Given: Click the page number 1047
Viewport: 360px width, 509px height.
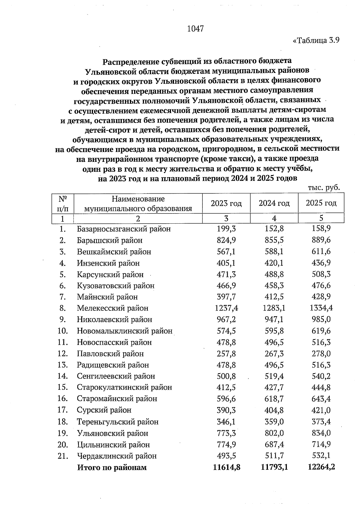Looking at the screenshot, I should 195,29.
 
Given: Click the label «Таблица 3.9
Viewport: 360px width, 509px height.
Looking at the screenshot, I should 316,41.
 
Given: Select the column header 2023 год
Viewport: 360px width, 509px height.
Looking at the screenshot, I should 226,204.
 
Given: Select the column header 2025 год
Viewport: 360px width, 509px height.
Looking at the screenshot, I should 321,203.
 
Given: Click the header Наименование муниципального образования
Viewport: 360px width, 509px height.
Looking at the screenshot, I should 138,204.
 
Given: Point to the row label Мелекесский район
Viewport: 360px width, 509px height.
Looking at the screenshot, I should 112,308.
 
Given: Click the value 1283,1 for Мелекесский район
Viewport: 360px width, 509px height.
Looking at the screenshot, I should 274,308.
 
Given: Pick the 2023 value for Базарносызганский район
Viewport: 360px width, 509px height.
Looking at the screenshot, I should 226,229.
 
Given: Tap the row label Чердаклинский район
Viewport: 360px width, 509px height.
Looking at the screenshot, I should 117,456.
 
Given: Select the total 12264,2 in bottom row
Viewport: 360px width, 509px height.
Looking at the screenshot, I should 321,467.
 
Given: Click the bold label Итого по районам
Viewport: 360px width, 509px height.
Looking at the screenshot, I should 112,468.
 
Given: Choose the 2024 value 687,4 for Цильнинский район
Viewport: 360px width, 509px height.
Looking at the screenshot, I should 274,445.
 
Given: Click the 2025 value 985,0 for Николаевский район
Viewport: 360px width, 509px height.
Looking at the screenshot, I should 321,320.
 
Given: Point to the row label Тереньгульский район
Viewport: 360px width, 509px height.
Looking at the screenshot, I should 118,422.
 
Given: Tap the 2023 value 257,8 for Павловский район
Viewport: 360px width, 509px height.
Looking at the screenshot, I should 226,354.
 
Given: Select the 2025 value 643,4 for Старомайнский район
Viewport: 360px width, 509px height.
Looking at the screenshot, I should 321,399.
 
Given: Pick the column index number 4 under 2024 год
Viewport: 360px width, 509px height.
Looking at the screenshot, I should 274,219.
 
